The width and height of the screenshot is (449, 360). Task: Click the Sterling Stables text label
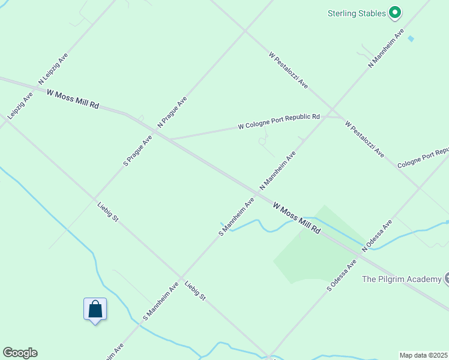click(357, 13)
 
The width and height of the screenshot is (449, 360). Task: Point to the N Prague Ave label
click(172, 112)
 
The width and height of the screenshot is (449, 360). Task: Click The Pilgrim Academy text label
click(400, 279)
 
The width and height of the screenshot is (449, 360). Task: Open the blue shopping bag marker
click(95, 310)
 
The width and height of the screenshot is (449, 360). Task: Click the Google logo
click(20, 353)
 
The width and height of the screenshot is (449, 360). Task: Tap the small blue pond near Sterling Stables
click(411, 38)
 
